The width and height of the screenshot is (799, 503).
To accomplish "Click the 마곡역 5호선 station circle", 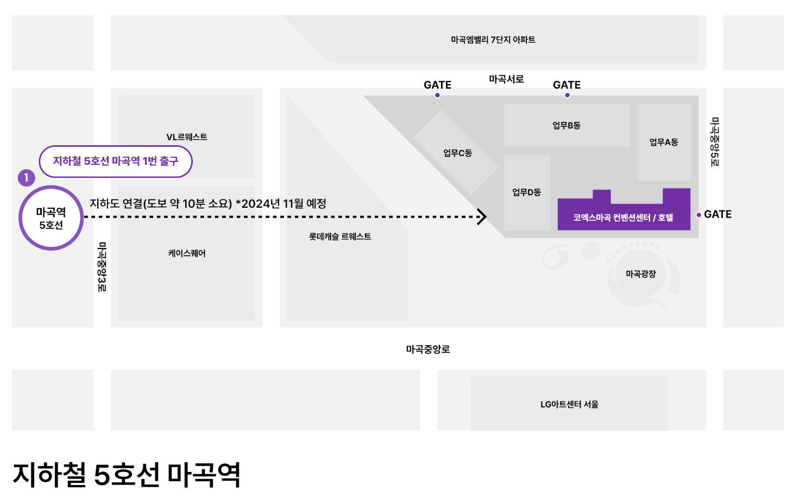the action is coord(51,218).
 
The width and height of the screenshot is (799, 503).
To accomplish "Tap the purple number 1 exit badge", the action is coord(26,178).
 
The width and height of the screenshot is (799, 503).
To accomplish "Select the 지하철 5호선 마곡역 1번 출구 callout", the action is coord(116,161).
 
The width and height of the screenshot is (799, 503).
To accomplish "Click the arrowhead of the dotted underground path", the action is coord(482,216).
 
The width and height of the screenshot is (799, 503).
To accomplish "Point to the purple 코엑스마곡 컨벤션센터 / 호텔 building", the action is coord(623,217).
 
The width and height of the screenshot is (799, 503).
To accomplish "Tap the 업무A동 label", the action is coord(664,142).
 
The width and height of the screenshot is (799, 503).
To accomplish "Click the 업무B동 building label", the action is coord(567,126).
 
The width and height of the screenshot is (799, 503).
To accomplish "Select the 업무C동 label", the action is coord(457,153).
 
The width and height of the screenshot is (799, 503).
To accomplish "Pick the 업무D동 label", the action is coord(526,192).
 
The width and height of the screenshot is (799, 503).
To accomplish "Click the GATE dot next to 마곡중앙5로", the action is coord(699,215).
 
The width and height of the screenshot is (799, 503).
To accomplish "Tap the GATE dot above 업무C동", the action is coord(437,95).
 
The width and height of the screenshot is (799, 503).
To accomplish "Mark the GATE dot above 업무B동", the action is coord(568,95).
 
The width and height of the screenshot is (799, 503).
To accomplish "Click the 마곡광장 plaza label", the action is coord(641,274).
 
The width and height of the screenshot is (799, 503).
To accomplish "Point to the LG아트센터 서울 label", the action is coord(569,404).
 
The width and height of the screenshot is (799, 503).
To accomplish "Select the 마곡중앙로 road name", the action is coord(428,349).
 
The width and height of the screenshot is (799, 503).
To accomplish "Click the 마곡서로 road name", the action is coord(506,79).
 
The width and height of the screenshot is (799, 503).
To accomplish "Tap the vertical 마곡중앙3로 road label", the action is coord(102,267).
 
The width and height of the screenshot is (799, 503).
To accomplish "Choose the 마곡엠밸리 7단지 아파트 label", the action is coord(493,40).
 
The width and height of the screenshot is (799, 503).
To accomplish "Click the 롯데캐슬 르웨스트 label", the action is coord(340,237).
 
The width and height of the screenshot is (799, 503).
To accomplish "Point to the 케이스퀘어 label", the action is coord(187,253).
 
